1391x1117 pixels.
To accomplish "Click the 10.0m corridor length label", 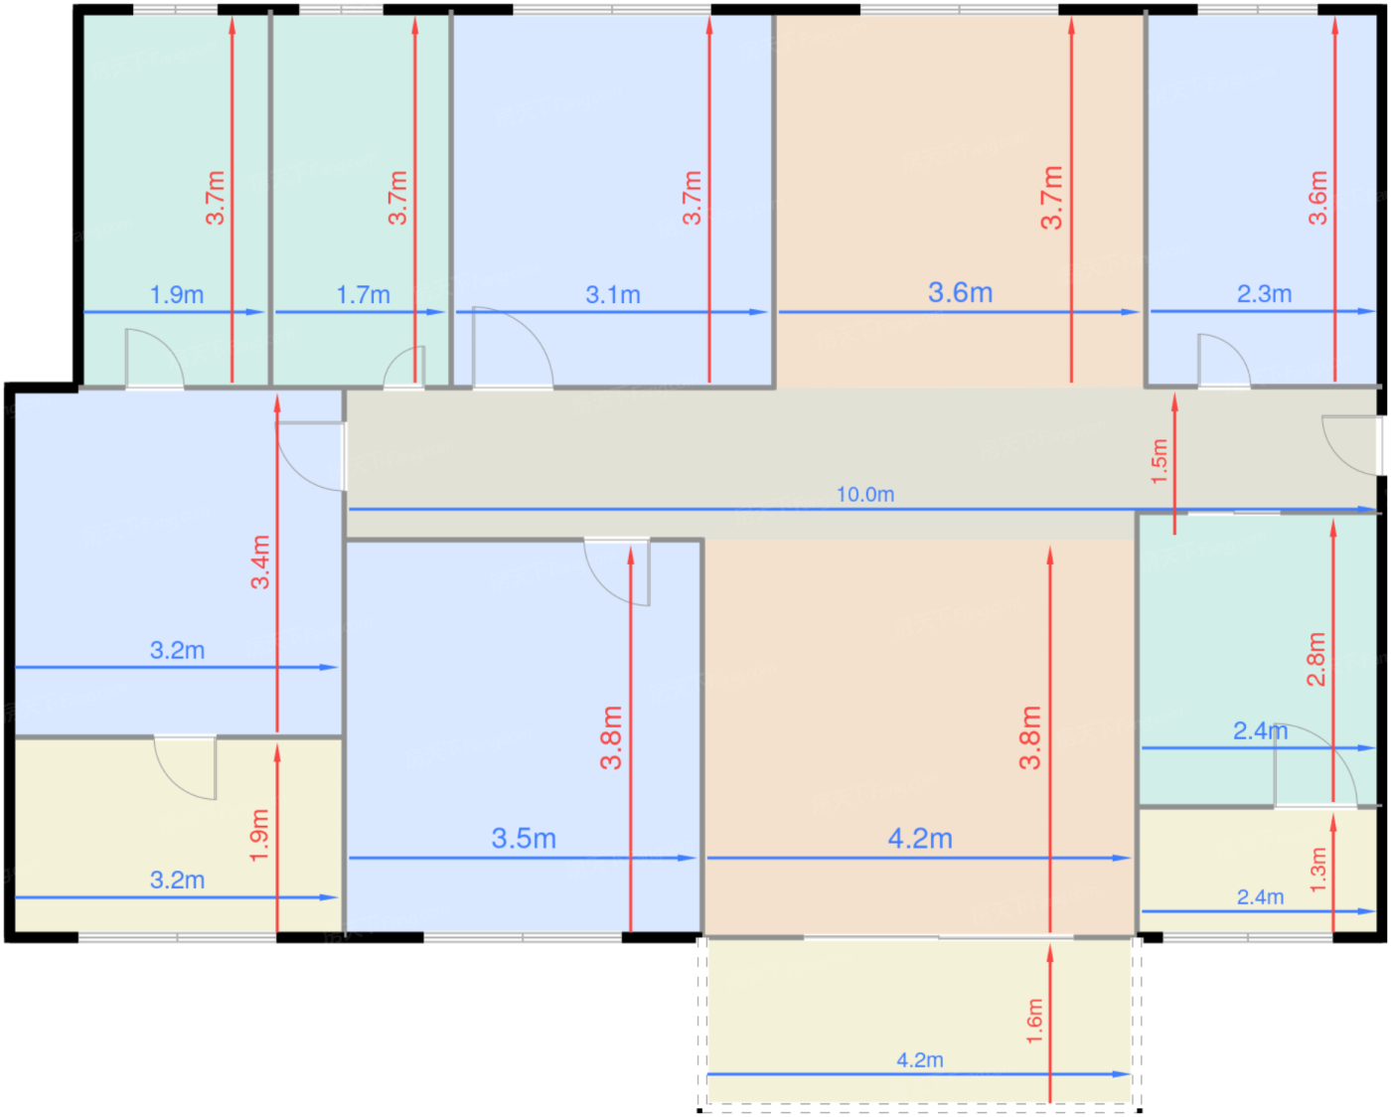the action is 864,495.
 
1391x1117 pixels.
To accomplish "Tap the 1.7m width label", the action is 364,295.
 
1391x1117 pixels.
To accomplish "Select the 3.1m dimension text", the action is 613,295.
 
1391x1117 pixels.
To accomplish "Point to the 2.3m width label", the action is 1264,294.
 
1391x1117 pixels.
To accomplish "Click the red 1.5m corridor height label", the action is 1159,461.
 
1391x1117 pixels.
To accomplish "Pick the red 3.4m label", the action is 260,561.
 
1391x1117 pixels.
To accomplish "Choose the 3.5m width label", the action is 524,839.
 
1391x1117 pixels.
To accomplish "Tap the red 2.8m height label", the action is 1316,659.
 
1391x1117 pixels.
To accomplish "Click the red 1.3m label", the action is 1318,870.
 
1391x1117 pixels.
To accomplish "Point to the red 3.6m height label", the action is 1317,198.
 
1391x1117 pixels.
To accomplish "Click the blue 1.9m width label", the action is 177,295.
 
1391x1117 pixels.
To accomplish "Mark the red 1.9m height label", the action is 259,835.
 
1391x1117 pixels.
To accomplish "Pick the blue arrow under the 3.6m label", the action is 959,312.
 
